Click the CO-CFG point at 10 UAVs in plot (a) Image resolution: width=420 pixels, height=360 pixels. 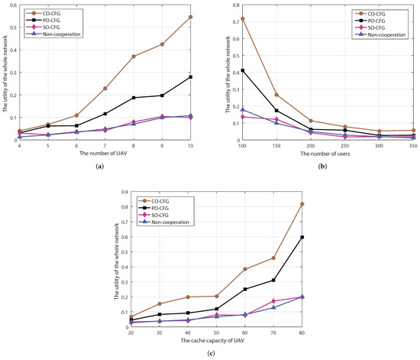[x=191, y=17]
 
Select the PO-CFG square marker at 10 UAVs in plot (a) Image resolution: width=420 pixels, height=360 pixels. [x=191, y=77]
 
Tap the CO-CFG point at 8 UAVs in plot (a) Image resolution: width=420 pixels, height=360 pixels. [x=134, y=57]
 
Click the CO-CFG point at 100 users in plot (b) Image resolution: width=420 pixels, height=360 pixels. [x=243, y=18]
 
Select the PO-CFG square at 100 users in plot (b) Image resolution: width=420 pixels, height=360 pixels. [x=243, y=70]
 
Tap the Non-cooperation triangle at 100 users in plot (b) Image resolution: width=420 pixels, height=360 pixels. [x=243, y=109]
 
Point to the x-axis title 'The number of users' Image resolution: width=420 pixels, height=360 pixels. [x=330, y=156]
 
